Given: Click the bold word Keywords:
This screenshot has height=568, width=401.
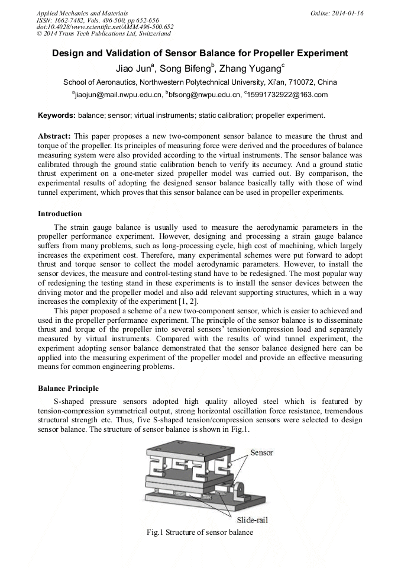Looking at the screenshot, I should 56,115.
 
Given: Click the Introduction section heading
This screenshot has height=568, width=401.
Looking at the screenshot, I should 60,214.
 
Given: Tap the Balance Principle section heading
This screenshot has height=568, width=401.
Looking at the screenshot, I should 68,389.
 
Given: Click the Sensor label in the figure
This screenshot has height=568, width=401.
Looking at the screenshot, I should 261,453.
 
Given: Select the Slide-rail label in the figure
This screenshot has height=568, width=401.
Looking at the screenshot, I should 253,519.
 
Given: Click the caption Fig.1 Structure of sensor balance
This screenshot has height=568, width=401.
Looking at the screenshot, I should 200,532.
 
